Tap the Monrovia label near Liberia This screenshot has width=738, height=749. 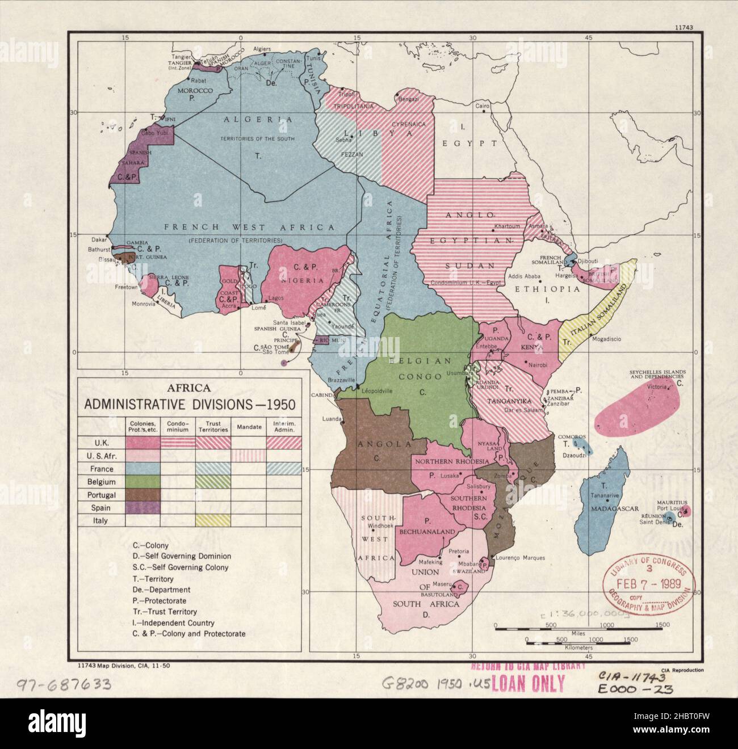click(141, 304)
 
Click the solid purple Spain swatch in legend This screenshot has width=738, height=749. click(142, 507)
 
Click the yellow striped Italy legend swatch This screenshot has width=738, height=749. click(213, 520)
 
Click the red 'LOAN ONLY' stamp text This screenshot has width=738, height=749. click(527, 683)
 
